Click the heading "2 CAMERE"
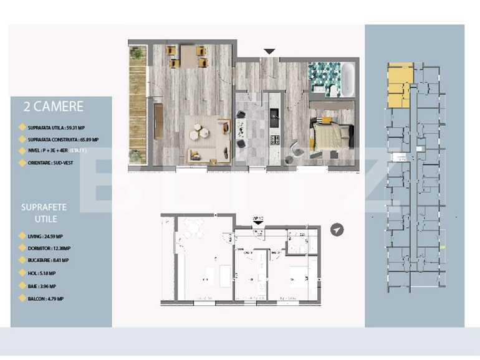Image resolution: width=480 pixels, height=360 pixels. (x=53, y=107)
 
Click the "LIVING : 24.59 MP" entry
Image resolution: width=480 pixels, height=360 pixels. (x=49, y=237)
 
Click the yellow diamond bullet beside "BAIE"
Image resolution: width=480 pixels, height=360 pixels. (x=22, y=287)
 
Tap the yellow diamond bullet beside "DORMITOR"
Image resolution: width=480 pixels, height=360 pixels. (x=22, y=249)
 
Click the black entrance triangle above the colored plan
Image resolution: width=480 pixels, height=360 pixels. (x=269, y=51)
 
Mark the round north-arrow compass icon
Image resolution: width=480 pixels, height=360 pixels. (x=337, y=230)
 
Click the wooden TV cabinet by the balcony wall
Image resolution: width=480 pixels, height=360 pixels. (x=158, y=120)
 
